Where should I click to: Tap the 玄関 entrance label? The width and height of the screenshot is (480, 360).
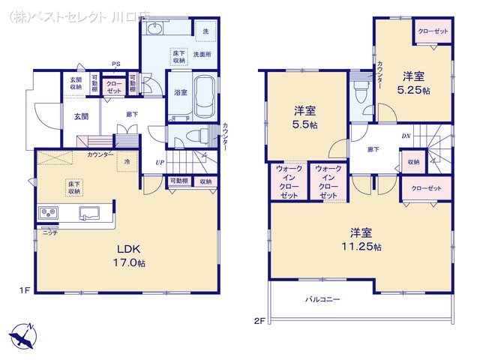pyautogui.click(x=81, y=116)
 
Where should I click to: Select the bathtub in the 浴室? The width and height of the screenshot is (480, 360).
pyautogui.click(x=204, y=97)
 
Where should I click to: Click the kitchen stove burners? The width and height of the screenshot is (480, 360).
pyautogui.click(x=49, y=211)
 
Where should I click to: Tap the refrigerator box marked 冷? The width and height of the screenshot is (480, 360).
pyautogui.click(x=127, y=161)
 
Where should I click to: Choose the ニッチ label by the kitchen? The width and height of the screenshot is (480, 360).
pyautogui.click(x=50, y=232)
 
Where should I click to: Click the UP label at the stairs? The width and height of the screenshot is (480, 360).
pyautogui.click(x=159, y=163)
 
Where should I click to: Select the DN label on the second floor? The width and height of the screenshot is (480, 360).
pyautogui.click(x=406, y=136)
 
